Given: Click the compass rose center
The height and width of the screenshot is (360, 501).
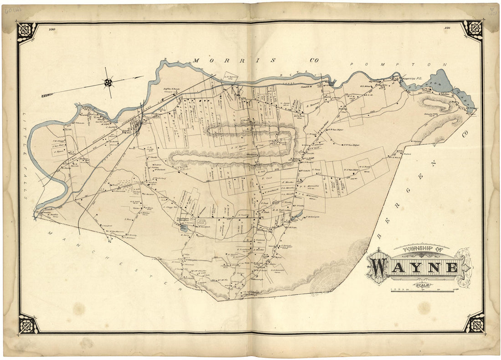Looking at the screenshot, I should (108, 82).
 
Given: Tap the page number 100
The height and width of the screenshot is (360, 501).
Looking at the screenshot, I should (51, 29).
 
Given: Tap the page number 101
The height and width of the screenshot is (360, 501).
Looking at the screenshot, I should (447, 29).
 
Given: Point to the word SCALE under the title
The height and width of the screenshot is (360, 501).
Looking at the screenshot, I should (422, 285).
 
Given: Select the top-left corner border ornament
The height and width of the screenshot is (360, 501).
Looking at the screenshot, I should (26, 30).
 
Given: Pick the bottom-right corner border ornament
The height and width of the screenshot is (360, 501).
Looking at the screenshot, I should (474, 324).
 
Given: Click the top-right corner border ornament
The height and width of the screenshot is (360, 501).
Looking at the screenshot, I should (474, 30).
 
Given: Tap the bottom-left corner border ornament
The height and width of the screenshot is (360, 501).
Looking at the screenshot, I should (27, 324).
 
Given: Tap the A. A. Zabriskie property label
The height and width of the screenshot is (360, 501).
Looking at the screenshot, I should (281, 210).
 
